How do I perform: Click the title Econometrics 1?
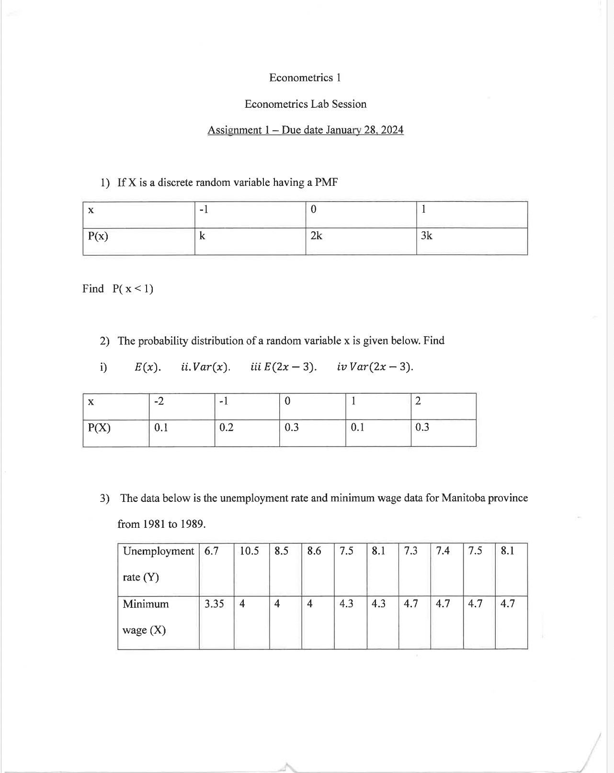305,78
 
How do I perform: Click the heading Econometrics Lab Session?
305,104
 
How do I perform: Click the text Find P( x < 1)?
118,289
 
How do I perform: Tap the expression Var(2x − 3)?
381,367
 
